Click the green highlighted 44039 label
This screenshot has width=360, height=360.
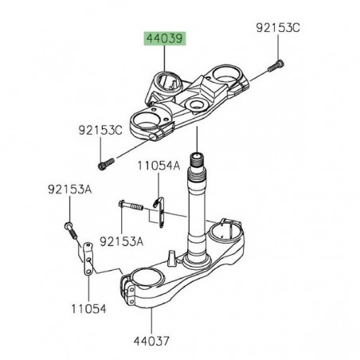tap(162, 38)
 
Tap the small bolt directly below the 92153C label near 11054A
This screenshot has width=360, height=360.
tap(101, 165)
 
